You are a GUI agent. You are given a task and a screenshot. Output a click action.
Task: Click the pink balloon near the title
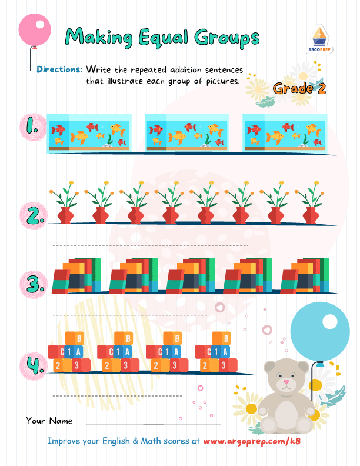click(35, 30)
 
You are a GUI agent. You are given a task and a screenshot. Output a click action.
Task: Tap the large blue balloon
click(320, 332)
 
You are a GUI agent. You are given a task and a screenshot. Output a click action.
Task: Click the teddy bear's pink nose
click(286, 381)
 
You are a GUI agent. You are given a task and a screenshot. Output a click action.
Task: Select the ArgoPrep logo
click(319, 39)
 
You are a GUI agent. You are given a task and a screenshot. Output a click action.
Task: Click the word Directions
click(59, 69)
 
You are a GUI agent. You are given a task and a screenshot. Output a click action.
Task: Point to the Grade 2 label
click(299, 88)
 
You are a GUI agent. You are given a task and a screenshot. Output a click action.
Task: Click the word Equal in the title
click(164, 38)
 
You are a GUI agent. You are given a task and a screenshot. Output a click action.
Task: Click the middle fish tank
click(187, 133)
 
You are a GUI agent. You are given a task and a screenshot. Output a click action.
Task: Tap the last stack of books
click(305, 275)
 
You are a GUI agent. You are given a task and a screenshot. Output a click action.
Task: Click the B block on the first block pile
click(79, 338)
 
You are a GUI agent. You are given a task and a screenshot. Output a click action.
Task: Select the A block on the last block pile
click(225, 352)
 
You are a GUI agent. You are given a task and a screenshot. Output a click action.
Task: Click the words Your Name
click(49, 421)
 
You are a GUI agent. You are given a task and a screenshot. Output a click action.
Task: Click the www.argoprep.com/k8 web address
click(252, 441)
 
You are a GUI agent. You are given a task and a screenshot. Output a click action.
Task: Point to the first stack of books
click(76, 275)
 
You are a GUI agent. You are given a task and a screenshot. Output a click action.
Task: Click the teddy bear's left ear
click(269, 367)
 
